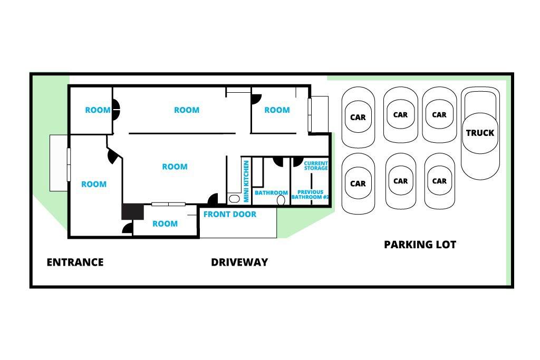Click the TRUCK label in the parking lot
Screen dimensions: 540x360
click(x=480, y=133)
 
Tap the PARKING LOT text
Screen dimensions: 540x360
click(x=420, y=245)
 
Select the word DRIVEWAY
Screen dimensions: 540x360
click(x=239, y=262)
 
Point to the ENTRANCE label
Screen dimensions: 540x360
click(x=75, y=262)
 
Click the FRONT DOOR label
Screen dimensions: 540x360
click(x=230, y=215)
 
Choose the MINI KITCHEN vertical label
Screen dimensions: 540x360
click(x=246, y=181)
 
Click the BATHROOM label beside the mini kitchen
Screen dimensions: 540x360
click(x=271, y=193)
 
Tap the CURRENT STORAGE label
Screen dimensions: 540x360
click(x=316, y=166)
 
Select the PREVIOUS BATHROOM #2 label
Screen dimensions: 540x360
click(x=310, y=194)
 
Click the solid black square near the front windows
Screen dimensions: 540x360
click(x=132, y=212)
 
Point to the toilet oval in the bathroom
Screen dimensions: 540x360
click(x=281, y=200)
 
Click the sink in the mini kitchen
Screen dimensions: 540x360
click(x=234, y=199)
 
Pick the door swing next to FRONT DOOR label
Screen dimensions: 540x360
click(x=213, y=200)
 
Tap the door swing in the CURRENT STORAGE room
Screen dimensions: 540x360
click(x=297, y=162)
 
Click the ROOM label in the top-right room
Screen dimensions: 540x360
click(x=277, y=110)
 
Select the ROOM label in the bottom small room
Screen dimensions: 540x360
click(x=165, y=223)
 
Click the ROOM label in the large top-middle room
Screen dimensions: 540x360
click(x=187, y=110)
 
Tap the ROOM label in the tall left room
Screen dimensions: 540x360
click(x=94, y=184)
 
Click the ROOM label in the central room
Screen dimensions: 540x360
click(x=175, y=167)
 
